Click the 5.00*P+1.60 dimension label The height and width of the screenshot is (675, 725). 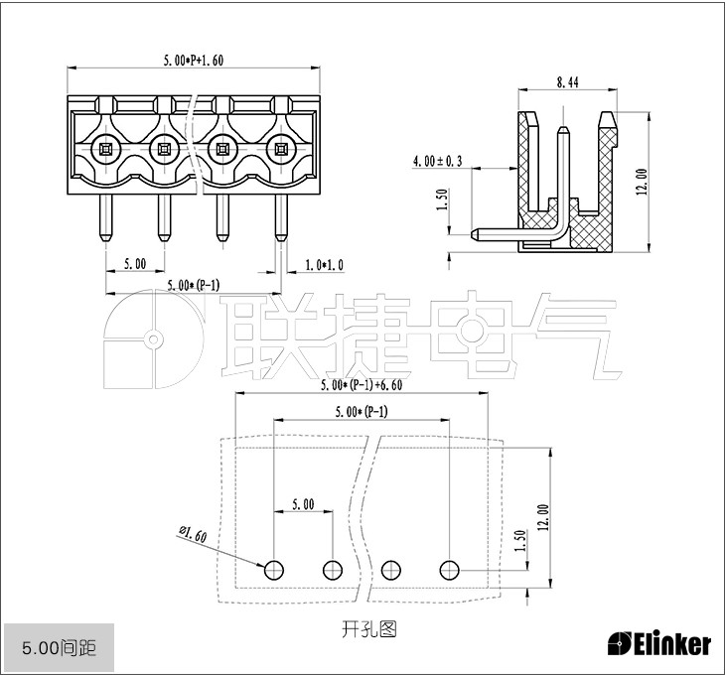tap(194, 61)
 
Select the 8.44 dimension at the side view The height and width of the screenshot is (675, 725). tap(567, 83)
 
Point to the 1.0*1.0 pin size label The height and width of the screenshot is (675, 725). tap(325, 264)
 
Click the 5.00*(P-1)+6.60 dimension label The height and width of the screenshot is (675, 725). tap(362, 385)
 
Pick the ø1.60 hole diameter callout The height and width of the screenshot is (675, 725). tap(192, 535)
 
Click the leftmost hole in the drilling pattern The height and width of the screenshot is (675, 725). tap(274, 569)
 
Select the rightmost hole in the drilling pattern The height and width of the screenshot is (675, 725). tap(450, 569)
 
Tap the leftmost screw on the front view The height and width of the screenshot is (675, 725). tap(104, 150)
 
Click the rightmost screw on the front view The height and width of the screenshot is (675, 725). tap(281, 150)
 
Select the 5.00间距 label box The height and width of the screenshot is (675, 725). tap(59, 649)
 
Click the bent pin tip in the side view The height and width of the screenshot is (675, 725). tap(477, 235)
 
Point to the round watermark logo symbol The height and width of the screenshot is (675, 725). tap(152, 338)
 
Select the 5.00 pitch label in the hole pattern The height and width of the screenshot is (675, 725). tap(303, 504)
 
